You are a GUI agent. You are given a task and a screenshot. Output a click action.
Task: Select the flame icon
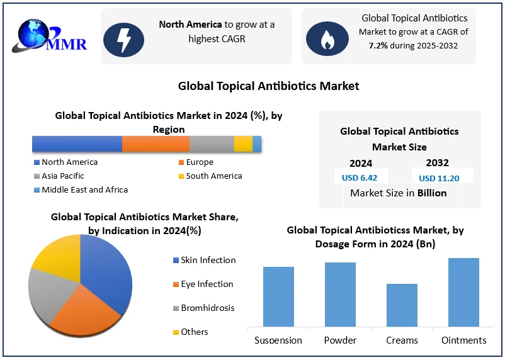(327, 39)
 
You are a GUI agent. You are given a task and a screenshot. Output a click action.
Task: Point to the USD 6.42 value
(360, 178)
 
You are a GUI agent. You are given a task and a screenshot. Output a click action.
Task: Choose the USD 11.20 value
(439, 178)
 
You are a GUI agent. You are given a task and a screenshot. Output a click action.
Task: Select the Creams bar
(402, 305)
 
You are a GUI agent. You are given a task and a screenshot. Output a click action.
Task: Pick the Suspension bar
(278, 296)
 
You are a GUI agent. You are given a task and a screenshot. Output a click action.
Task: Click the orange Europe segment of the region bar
(155, 144)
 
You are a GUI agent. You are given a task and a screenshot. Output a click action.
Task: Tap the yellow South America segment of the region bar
(243, 144)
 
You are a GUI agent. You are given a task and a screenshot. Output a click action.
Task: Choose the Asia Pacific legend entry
(62, 176)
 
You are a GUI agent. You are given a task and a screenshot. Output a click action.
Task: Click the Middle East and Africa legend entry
(84, 190)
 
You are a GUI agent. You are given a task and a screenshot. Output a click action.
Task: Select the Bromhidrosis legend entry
(207, 308)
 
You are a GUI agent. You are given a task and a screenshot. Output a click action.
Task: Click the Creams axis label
(402, 340)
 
